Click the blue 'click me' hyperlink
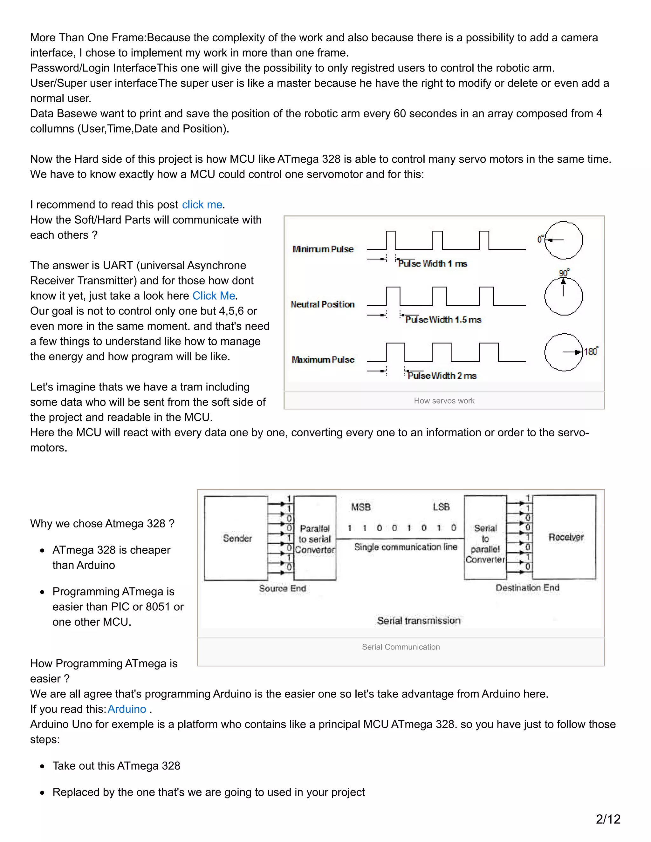202,205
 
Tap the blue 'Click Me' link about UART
214,296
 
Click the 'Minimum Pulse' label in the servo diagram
323,249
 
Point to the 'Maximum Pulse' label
323,360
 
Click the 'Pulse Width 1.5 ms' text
443,320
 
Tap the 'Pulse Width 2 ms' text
442,376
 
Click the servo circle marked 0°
564,240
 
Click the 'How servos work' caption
444,401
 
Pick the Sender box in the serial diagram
236,538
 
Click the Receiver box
565,537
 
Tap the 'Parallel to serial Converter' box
315,539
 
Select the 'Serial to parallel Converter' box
485,538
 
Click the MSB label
360,507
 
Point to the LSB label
441,507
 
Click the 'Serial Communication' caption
401,647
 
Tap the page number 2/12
608,819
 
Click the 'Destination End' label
527,588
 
